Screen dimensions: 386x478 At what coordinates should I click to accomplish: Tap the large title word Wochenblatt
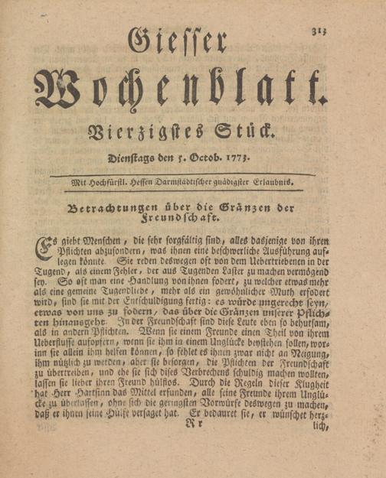pyautogui.click(x=179, y=93)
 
